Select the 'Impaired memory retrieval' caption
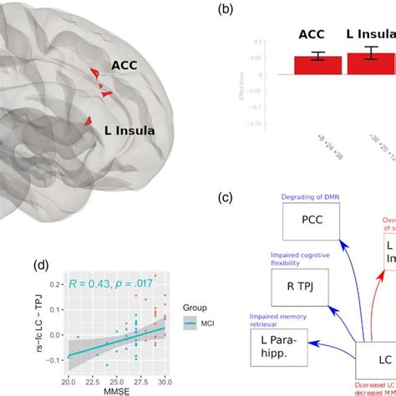tap(280, 317)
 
